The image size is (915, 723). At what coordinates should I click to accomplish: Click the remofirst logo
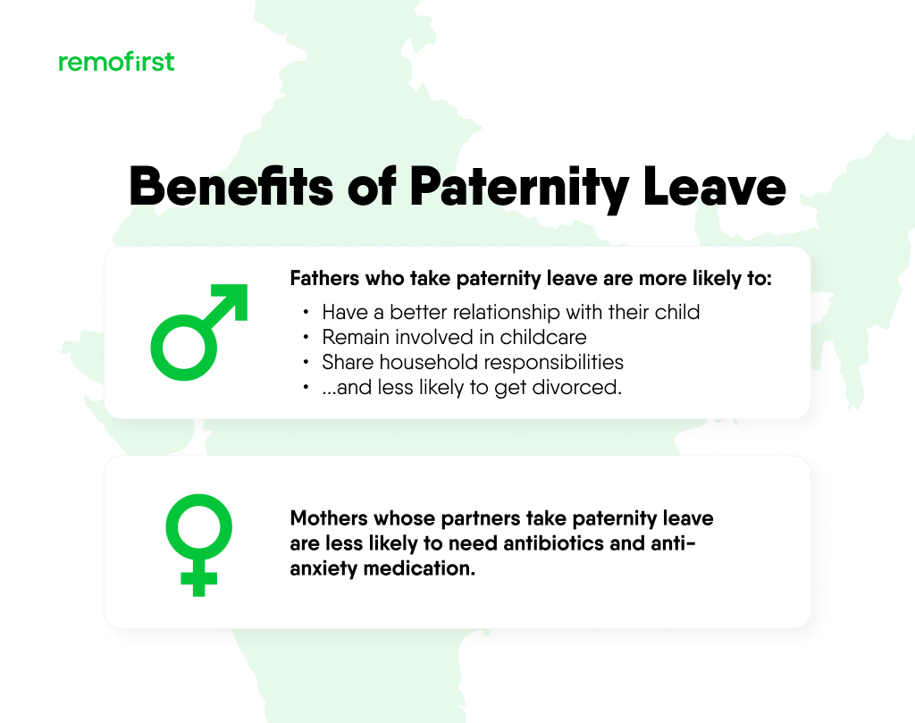click(x=116, y=62)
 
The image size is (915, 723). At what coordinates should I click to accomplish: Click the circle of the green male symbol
click(x=184, y=345)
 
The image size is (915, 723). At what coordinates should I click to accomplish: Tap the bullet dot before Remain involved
click(x=306, y=338)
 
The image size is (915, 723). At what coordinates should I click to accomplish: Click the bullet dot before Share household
click(x=306, y=363)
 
